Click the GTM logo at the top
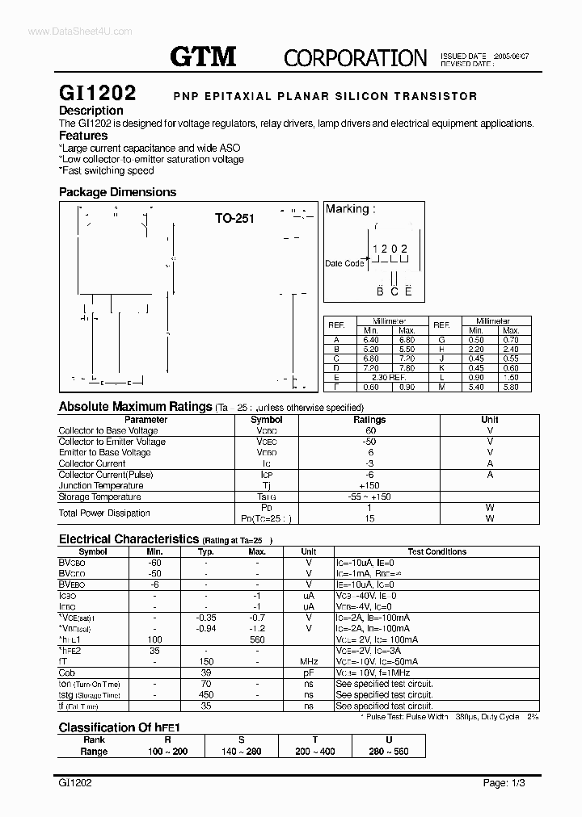point(203,57)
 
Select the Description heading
point(91,111)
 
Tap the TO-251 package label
point(234,218)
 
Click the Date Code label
point(344,263)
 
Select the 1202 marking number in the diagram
point(390,249)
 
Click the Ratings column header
point(369,420)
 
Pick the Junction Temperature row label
point(101,485)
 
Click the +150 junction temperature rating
point(369,485)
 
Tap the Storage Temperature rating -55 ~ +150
point(369,496)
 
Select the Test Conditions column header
point(436,551)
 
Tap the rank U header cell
point(389,739)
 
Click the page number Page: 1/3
point(506,783)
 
